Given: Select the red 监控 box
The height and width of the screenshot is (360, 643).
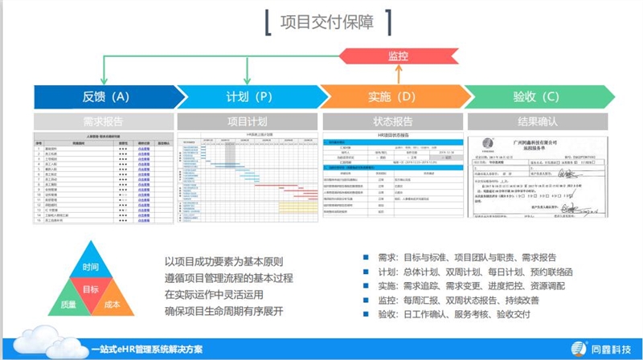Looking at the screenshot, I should tap(398, 56).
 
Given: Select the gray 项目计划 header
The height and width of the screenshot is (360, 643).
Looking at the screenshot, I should tap(248, 122).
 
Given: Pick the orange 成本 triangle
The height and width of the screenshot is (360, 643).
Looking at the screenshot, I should tap(113, 305).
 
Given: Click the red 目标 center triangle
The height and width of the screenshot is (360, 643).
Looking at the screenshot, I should tap(91, 289).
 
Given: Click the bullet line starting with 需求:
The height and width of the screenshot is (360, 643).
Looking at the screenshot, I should tap(467, 257).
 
